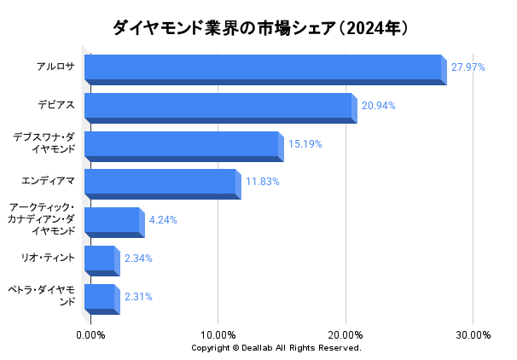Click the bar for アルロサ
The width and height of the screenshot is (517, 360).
(264, 68)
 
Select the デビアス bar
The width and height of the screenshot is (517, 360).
(219, 107)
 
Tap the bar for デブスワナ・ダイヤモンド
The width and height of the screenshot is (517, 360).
(183, 145)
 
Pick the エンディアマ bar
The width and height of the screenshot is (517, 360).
(161, 183)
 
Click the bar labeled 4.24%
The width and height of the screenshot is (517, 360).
(113, 221)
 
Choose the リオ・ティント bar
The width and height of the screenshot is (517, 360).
(101, 259)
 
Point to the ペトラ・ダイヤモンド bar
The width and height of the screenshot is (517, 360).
(101, 298)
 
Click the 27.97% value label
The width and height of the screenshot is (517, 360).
(468, 67)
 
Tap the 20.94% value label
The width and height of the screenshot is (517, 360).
(379, 106)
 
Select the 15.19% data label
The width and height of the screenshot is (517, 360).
(305, 144)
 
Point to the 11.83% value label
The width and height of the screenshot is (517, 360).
(263, 182)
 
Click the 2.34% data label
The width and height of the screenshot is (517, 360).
(138, 258)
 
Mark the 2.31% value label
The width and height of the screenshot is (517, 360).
(138, 297)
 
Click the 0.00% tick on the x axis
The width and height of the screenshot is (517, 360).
(90, 335)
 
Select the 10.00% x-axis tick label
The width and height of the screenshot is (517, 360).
(218, 335)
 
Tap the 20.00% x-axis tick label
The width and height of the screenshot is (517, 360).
(346, 335)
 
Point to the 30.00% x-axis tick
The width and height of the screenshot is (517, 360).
(473, 335)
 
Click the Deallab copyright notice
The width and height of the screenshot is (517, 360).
(276, 348)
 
